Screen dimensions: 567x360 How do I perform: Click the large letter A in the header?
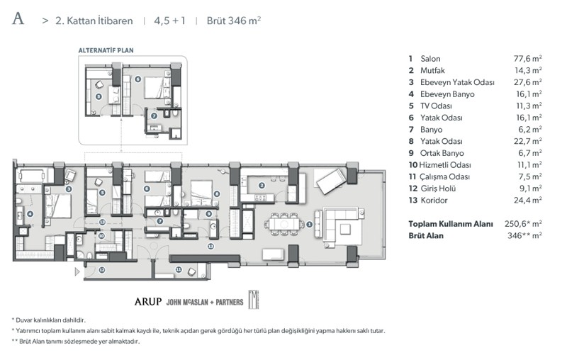pyautogui.click(x=18, y=18)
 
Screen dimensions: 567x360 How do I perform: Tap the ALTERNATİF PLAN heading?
pyautogui.click(x=106, y=50)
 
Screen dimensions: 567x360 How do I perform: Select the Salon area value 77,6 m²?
pyautogui.click(x=527, y=59)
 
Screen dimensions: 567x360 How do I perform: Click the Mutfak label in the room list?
pyautogui.click(x=432, y=70)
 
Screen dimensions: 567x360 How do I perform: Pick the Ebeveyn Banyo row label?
pyautogui.click(x=447, y=94)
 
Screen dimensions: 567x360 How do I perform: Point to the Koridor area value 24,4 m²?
pyautogui.click(x=527, y=201)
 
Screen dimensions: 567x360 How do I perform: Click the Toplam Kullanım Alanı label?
pyautogui.click(x=451, y=224)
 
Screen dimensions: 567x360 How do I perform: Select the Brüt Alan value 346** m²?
pyautogui.click(x=524, y=236)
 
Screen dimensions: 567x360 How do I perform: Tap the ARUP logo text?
pyautogui.click(x=148, y=301)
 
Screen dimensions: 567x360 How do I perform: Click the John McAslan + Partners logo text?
pyautogui.click(x=205, y=302)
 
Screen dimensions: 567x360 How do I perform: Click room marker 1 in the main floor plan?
pyautogui.click(x=309, y=225)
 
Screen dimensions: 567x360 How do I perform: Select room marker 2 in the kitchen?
pyautogui.click(x=262, y=186)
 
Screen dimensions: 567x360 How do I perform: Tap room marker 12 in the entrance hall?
pyautogui.click(x=102, y=269)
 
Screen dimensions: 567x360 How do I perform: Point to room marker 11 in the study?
pyautogui.click(x=179, y=269)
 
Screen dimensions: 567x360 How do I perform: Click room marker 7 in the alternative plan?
pyautogui.click(x=154, y=116)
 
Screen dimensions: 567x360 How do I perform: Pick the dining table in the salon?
pyautogui.click(x=284, y=224)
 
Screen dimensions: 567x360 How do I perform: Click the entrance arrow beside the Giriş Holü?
pyautogui.click(x=77, y=272)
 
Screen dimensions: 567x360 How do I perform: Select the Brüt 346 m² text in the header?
pyautogui.click(x=234, y=21)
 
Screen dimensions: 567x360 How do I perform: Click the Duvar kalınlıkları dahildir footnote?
pyautogui.click(x=49, y=320)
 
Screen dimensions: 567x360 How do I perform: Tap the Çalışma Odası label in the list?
pyautogui.click(x=444, y=176)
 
